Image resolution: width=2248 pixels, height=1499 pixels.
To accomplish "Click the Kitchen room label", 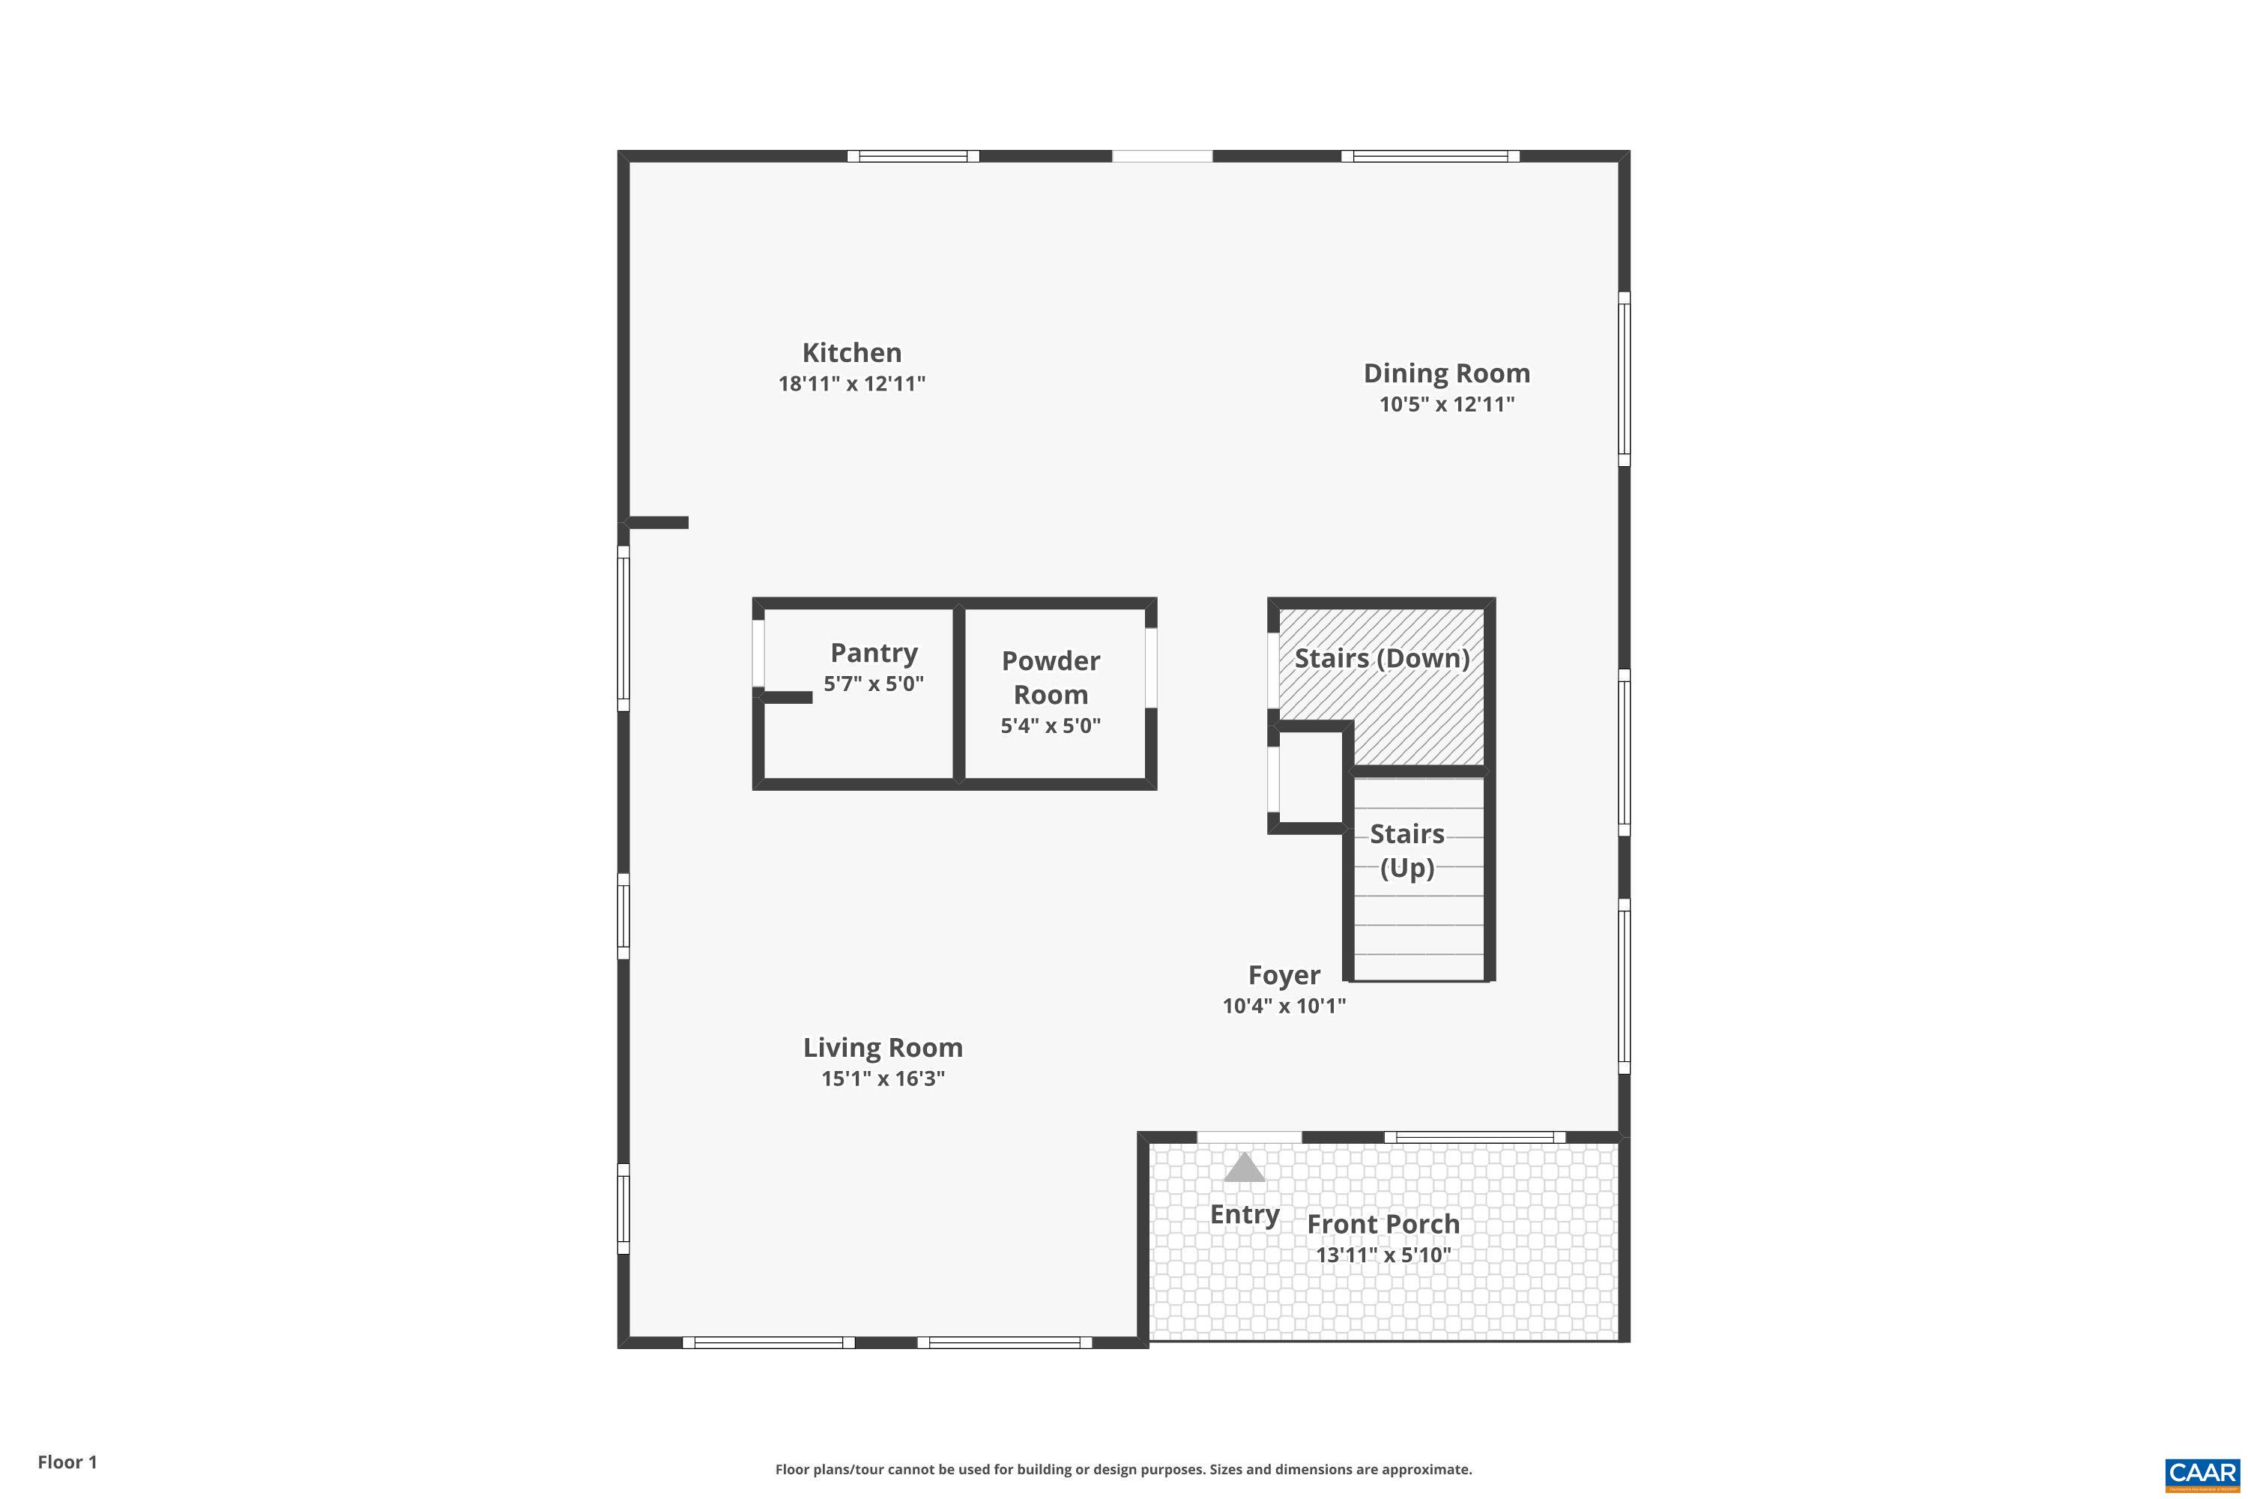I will click(850, 353).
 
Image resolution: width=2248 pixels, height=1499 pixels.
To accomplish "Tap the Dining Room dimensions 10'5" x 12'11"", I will click(1446, 405).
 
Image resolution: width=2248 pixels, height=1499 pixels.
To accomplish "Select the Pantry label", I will click(874, 653).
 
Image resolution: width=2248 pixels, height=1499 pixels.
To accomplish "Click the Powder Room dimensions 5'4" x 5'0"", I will click(1051, 726).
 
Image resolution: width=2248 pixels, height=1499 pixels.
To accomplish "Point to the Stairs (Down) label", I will click(1381, 658).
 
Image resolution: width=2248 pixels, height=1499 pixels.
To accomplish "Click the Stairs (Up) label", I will click(1407, 851).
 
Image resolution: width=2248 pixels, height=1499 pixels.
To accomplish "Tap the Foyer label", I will click(1284, 975).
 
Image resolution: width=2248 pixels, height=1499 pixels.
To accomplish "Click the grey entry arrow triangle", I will click(1243, 1168).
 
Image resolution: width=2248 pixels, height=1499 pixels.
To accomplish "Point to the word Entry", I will click(1243, 1214).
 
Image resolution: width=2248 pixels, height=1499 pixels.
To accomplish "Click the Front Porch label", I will click(1383, 1224).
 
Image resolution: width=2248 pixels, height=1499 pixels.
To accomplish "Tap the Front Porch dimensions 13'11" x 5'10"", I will click(1383, 1255).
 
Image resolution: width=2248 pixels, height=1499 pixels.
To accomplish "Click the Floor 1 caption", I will click(67, 1462).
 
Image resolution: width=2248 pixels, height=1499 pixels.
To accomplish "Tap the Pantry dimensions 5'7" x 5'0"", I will click(874, 684).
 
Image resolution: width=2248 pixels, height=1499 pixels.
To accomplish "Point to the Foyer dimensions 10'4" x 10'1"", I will click(1284, 1006).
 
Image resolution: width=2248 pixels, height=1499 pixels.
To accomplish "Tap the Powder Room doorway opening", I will click(1151, 667).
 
